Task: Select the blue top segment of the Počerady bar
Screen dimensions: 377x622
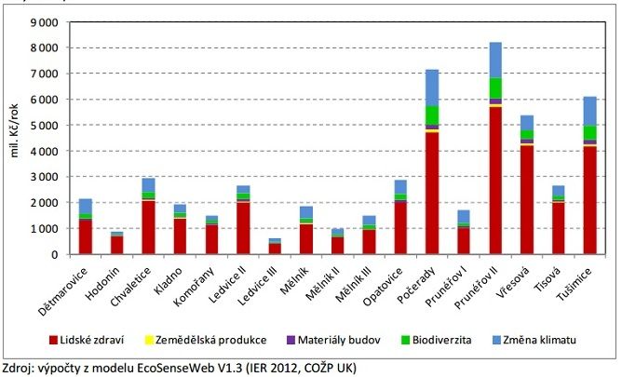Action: [432, 88]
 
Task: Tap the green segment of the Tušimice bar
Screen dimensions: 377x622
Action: [589, 132]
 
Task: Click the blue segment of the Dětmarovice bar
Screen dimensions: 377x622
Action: [86, 206]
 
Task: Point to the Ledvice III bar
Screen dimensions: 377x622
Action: [275, 247]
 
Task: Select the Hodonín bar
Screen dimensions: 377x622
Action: [116, 243]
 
